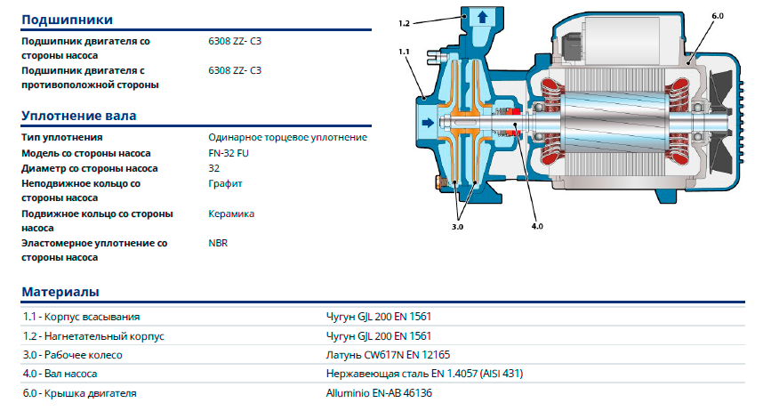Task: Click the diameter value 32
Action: pos(213,168)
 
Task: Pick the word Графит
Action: pos(225,183)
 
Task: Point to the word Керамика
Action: pos(231,214)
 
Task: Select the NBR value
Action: pos(218,242)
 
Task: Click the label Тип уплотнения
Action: pos(62,138)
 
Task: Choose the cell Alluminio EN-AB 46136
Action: pos(380,393)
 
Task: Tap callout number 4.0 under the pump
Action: pos(537,227)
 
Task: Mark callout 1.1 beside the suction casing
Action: pos(405,52)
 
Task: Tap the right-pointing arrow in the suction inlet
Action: pos(428,123)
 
